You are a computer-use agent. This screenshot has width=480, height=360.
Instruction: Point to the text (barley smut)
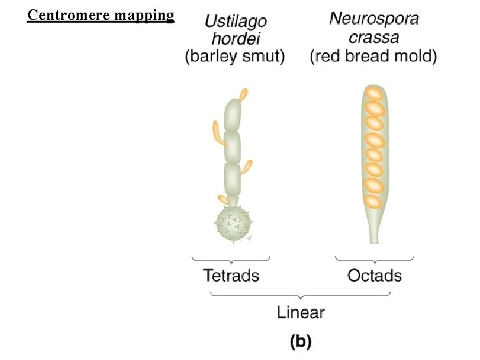(x=235, y=56)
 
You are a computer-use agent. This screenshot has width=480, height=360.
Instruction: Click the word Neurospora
(x=374, y=19)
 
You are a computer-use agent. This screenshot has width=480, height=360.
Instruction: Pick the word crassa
(x=373, y=37)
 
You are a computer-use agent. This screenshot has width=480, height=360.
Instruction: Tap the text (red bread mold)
(x=373, y=56)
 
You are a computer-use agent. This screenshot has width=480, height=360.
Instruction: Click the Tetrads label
(x=231, y=275)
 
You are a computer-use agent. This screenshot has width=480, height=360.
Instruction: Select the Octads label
(x=375, y=275)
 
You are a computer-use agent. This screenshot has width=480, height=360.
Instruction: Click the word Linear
(x=301, y=311)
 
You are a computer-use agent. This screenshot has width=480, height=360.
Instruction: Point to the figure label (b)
(x=301, y=341)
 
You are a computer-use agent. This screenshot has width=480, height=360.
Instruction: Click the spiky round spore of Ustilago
(x=233, y=223)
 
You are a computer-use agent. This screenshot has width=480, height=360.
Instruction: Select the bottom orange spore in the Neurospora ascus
(x=374, y=200)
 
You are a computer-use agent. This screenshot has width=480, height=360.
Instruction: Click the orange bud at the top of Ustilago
(x=244, y=95)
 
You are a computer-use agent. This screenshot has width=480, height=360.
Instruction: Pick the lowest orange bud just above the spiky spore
(x=223, y=199)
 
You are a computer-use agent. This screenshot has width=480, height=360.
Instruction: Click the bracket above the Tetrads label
(x=231, y=259)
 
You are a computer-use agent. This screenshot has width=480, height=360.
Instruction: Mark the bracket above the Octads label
(x=374, y=259)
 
